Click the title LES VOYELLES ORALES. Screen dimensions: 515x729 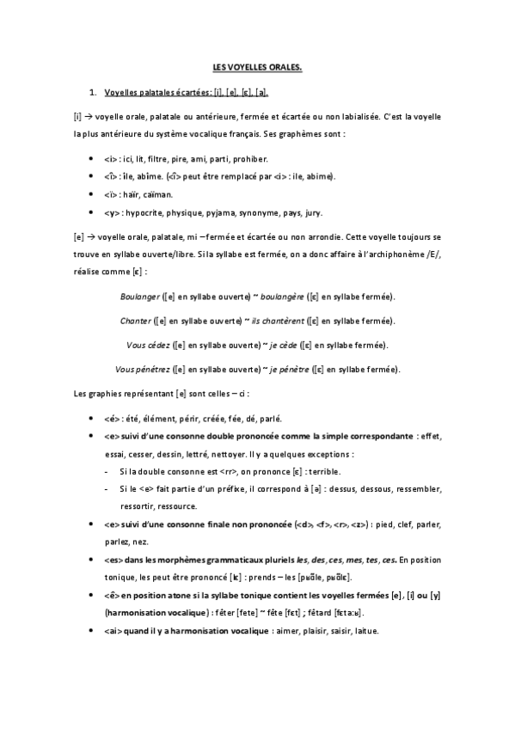[257, 65]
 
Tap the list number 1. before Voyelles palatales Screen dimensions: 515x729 [92, 92]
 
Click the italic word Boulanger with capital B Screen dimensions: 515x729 [137, 297]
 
